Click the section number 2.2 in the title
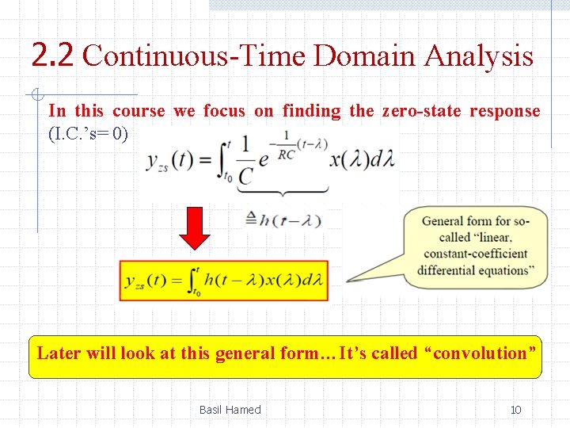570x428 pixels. coord(53,55)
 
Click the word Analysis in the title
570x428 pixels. coord(478,56)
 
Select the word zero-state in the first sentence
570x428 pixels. coord(421,111)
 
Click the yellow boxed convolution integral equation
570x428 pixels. coord(224,280)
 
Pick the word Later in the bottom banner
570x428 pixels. coord(59,353)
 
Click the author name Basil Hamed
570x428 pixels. coord(230,410)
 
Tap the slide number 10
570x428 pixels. coord(515,410)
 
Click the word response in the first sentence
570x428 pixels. coord(504,111)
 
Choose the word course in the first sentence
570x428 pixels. coord(139,111)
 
